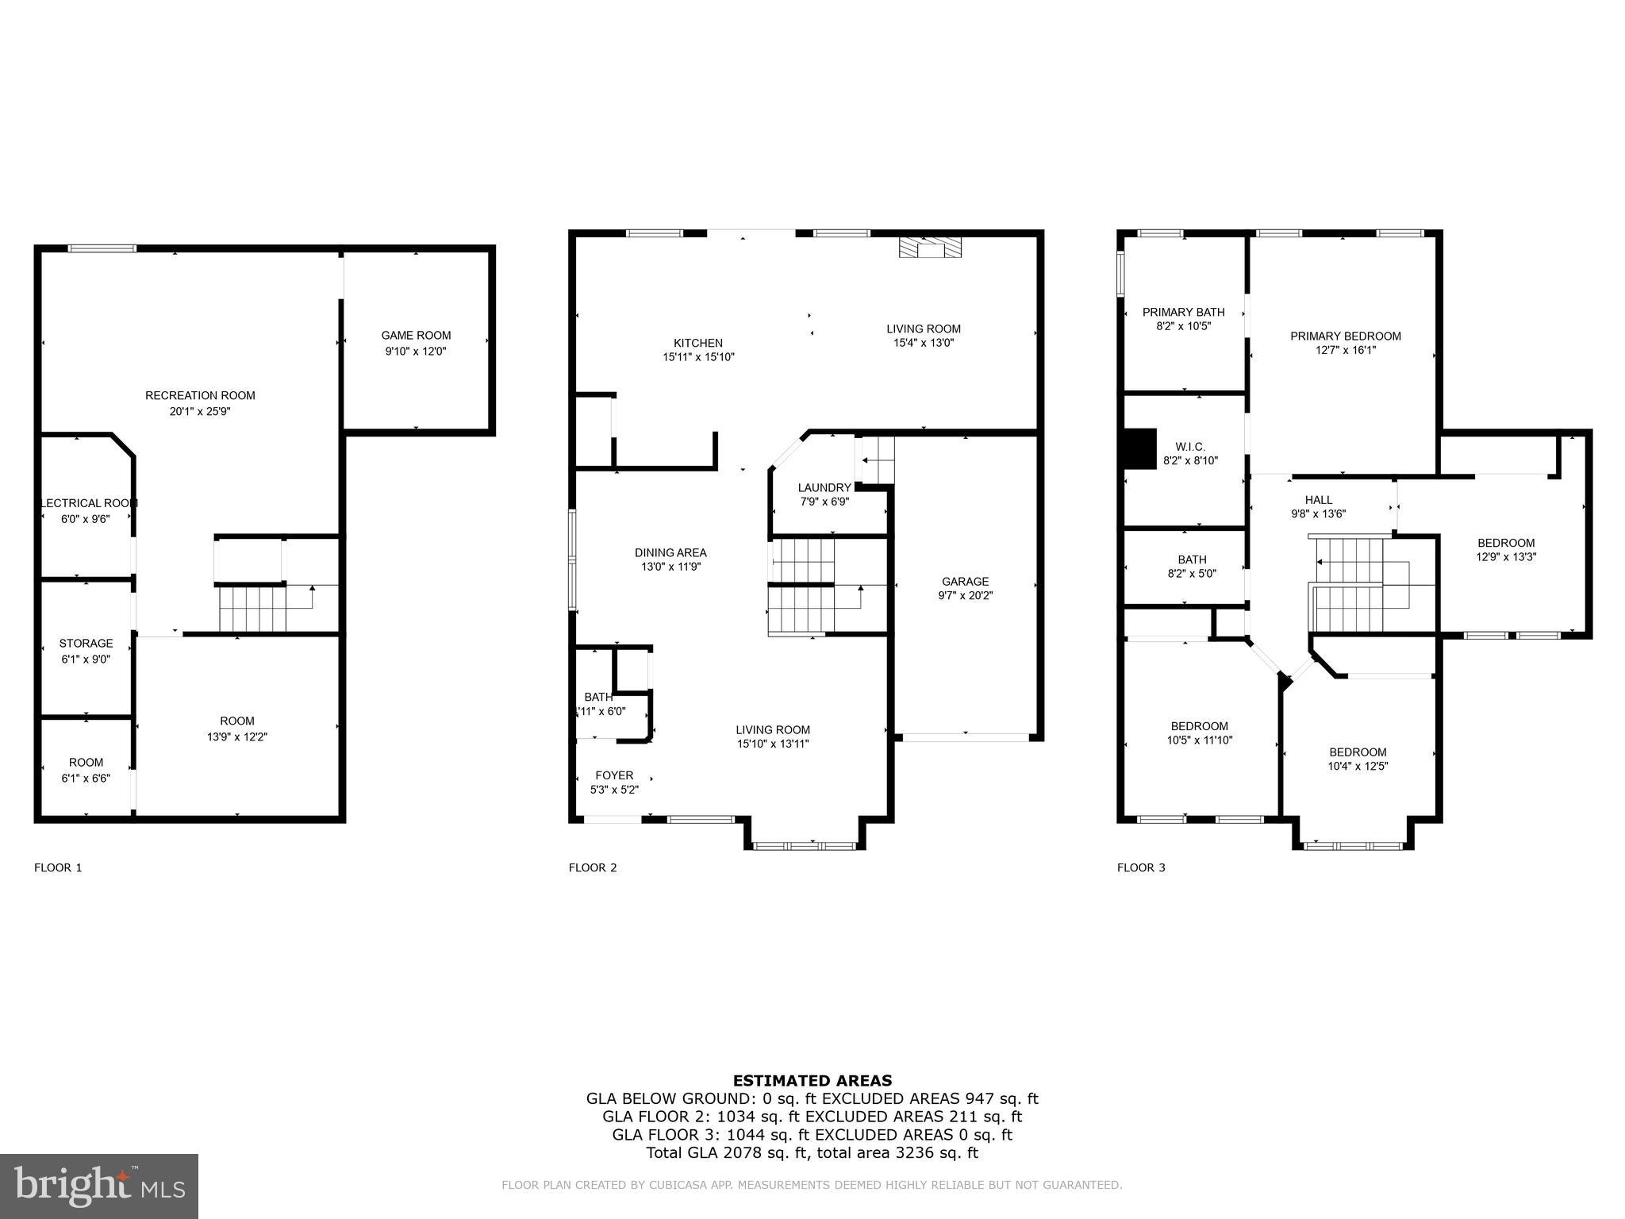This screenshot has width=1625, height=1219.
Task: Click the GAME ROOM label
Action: click(416, 336)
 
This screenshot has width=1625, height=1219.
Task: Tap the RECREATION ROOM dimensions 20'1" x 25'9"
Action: click(200, 411)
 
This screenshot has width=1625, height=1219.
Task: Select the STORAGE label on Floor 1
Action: click(86, 643)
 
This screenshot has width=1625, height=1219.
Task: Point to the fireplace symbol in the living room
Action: click(929, 248)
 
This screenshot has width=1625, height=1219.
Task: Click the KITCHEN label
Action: click(698, 343)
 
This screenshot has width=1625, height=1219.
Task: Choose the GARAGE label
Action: click(965, 581)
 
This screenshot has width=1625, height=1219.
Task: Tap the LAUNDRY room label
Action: click(824, 487)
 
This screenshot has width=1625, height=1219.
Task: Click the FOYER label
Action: click(614, 775)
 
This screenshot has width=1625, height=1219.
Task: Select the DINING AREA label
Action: click(670, 552)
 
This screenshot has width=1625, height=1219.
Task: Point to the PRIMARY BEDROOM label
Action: click(1345, 336)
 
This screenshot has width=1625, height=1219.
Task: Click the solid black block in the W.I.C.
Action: click(1140, 449)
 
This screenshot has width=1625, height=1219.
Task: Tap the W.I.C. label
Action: click(1190, 447)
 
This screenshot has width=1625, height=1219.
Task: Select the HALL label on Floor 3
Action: click(1319, 499)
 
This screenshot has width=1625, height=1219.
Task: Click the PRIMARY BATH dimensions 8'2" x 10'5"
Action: click(1183, 326)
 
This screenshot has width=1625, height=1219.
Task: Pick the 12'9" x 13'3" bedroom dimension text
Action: click(1505, 557)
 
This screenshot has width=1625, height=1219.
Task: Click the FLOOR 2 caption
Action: click(592, 867)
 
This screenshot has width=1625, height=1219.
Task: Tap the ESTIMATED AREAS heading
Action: click(812, 1080)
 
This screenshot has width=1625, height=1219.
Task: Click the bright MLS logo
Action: click(99, 1186)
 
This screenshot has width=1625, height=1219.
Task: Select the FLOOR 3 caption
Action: click(1140, 867)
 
